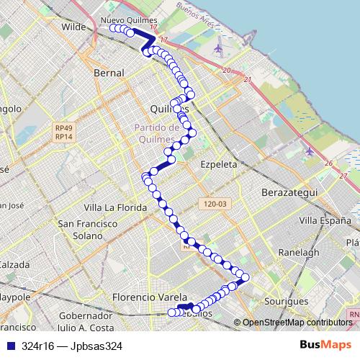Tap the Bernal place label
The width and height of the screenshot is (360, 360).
[x=109, y=73]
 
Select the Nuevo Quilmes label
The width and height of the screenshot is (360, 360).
[x=122, y=20]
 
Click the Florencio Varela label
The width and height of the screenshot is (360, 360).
[x=149, y=297]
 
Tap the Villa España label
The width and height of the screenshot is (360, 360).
[x=325, y=220]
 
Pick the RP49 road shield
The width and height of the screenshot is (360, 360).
[x=63, y=127]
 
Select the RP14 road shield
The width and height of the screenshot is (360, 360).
[x=63, y=136]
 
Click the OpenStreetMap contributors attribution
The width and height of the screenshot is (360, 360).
[x=297, y=323]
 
